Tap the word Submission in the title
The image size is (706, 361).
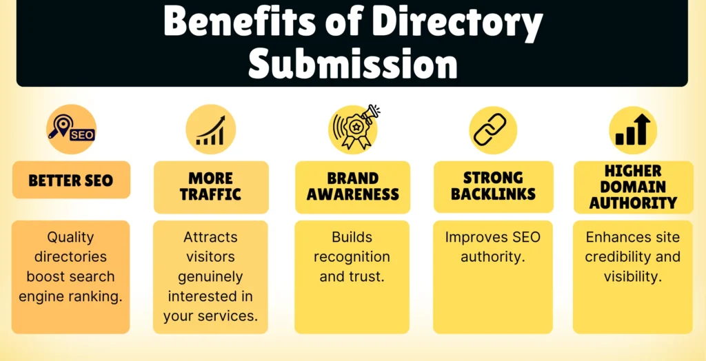point(352,63)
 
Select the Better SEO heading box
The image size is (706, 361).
point(71,180)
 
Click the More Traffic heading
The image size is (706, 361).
point(211,186)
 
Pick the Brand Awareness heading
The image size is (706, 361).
point(352,186)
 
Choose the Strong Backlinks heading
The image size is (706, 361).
point(493,186)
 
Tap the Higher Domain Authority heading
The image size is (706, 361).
point(633,186)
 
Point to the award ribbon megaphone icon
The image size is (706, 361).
point(354,129)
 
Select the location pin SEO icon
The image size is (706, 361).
point(71,129)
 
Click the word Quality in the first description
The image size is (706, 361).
point(70,238)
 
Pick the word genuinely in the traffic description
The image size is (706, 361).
point(210,277)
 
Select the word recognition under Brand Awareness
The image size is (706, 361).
point(352,257)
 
